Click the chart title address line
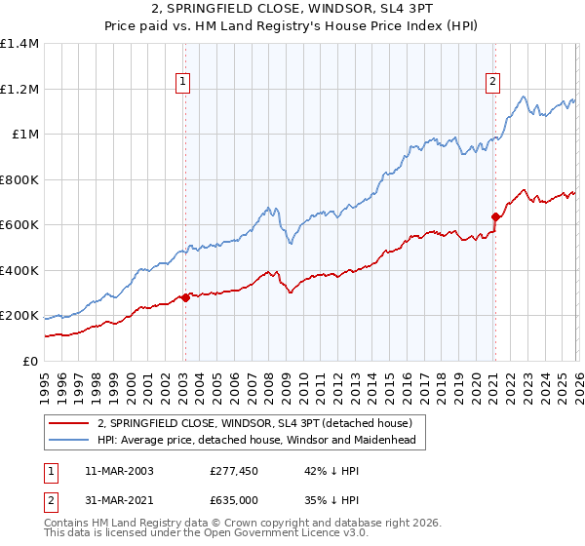tap(292, 9)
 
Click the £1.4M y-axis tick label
tap(19, 44)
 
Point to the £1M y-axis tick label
tap(23, 135)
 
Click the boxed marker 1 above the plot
tap(184, 82)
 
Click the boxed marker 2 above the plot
tap(494, 82)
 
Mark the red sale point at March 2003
tap(185, 298)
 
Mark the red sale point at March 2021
tap(495, 217)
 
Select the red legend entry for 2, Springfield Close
tap(254, 423)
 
